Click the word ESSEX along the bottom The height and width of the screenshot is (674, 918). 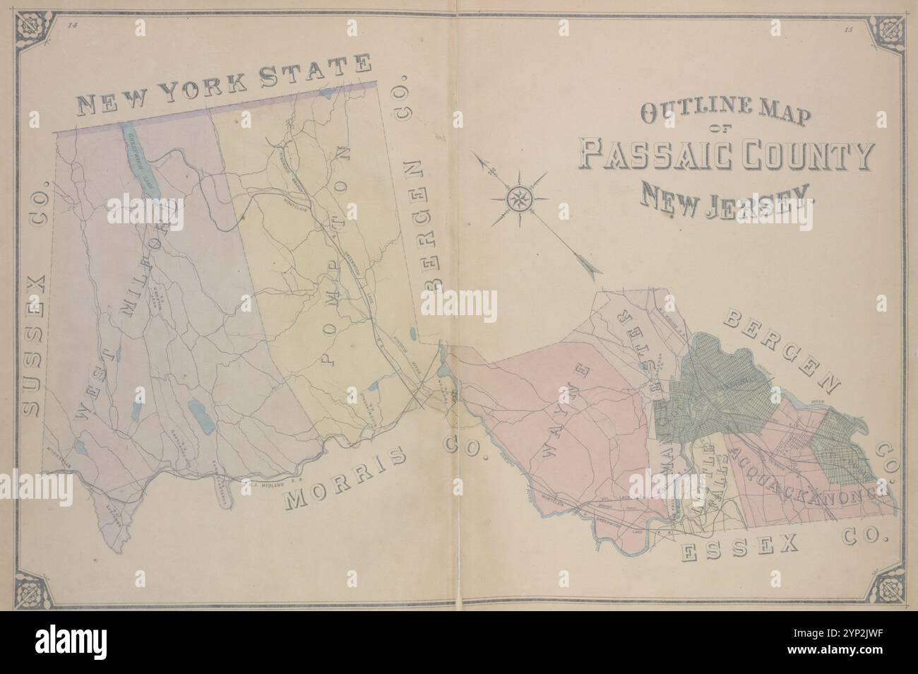(739, 547)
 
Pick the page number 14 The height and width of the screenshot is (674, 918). (71, 26)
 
